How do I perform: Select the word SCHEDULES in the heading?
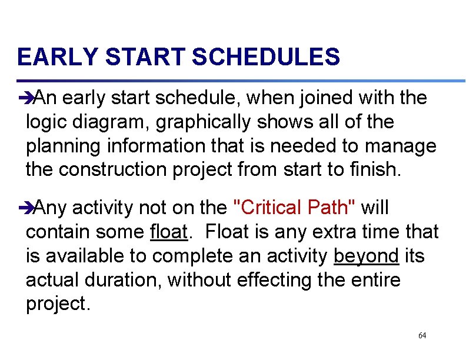coord(266,58)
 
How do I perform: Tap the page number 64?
coord(422,335)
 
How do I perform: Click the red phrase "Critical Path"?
coord(295,208)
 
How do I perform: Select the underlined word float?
coord(168,232)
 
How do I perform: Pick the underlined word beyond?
coord(366,256)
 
